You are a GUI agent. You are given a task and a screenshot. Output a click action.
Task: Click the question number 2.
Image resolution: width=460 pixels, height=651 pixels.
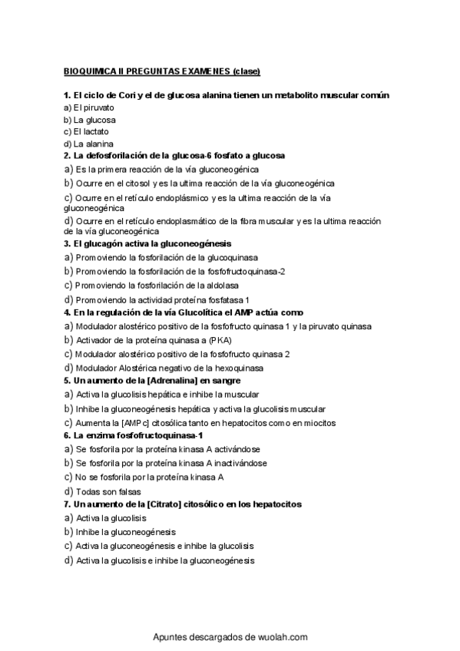click(x=67, y=155)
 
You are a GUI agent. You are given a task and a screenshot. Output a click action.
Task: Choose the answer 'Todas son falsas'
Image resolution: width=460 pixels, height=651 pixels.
click(x=108, y=491)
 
